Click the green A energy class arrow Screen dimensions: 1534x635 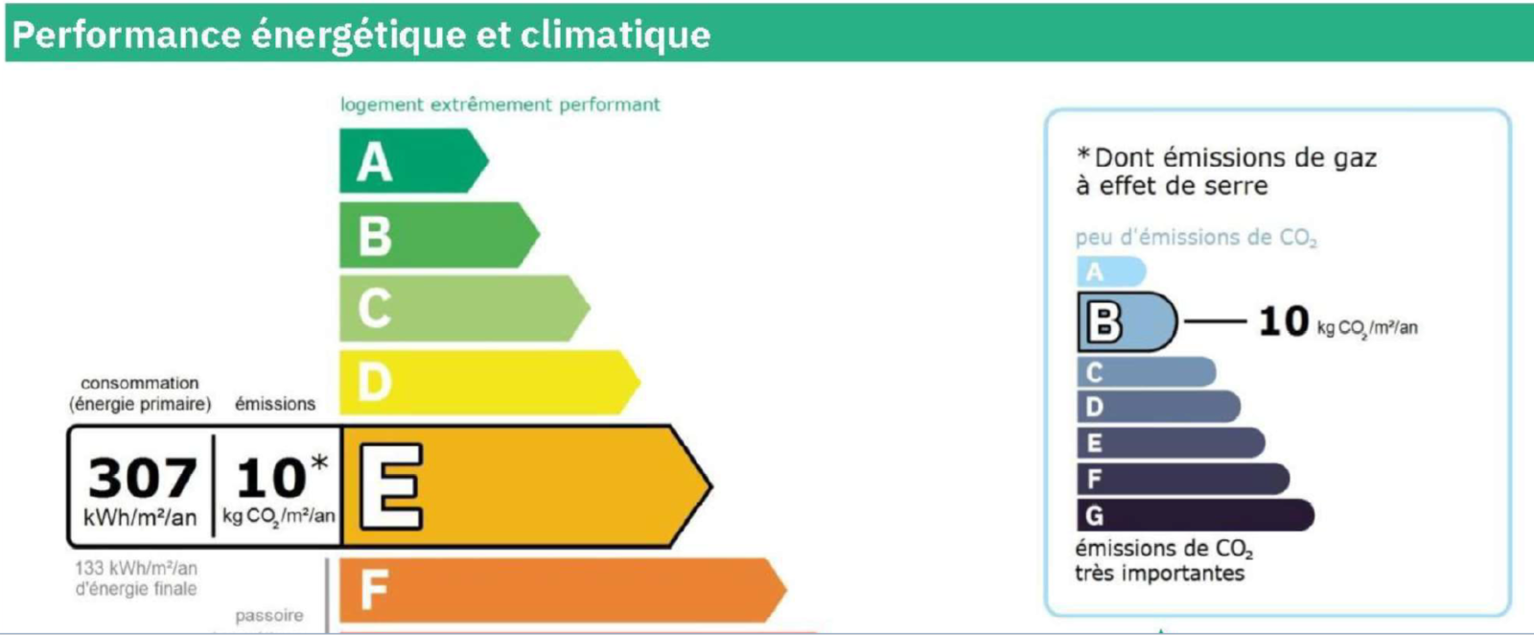click(x=413, y=161)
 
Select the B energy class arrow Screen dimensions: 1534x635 click(x=439, y=234)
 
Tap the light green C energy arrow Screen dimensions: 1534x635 click(x=464, y=308)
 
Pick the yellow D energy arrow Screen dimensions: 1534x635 click(x=490, y=382)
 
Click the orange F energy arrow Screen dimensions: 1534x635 click(x=563, y=591)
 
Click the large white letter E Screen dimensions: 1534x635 click(x=391, y=486)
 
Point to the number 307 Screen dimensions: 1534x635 click(x=143, y=478)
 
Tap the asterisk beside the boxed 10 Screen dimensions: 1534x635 click(x=319, y=463)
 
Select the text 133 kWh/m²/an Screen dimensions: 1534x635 click(x=136, y=569)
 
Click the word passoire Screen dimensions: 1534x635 click(x=269, y=615)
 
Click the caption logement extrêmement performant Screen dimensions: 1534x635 click(x=500, y=105)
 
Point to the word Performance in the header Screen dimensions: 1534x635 click(x=126, y=35)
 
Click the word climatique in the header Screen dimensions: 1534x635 click(x=615, y=35)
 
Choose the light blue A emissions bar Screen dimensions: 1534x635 click(x=1111, y=272)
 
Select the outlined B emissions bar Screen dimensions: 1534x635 click(x=1127, y=322)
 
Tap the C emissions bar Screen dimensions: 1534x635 click(x=1147, y=372)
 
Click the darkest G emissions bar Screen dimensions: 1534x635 click(x=1196, y=515)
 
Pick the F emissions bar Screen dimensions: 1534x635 click(x=1183, y=479)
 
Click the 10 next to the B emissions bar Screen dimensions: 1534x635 click(x=1284, y=321)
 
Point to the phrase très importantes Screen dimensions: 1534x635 click(x=1159, y=574)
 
